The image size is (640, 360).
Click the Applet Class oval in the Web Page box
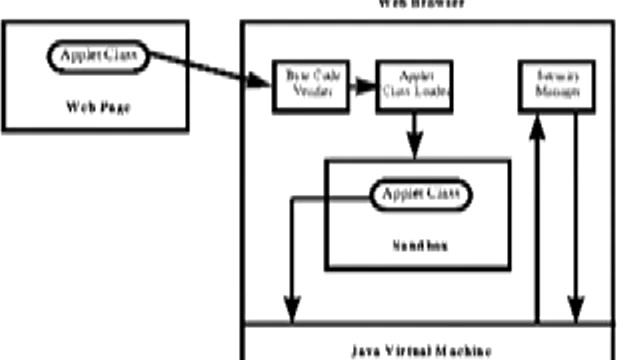tap(96, 54)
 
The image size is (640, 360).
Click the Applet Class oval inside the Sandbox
tap(421, 195)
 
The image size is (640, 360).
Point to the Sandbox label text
tap(417, 244)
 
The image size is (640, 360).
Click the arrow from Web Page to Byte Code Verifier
tap(210, 69)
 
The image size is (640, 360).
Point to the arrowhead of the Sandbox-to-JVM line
tap(293, 313)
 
